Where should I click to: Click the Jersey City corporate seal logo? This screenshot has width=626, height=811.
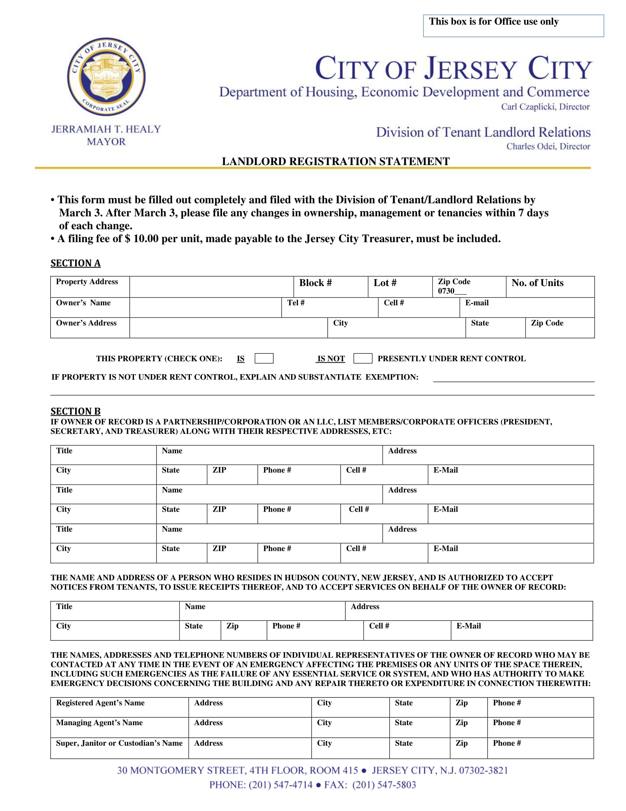pyautogui.click(x=106, y=77)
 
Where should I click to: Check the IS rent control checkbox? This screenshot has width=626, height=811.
pyautogui.click(x=264, y=358)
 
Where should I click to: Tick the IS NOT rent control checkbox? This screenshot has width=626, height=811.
pyautogui.click(x=362, y=358)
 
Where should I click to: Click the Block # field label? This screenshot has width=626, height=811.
pyautogui.click(x=315, y=283)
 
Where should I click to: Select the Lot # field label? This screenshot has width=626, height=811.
pyautogui.click(x=384, y=283)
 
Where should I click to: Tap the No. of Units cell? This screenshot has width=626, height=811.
pyautogui.click(x=550, y=286)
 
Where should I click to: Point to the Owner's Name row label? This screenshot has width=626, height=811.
pyautogui.click(x=84, y=303)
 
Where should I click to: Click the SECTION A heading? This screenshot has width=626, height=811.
pyautogui.click(x=75, y=263)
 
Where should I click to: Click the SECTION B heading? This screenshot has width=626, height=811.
pyautogui.click(x=75, y=411)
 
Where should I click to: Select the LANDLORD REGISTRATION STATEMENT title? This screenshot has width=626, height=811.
pyautogui.click(x=335, y=161)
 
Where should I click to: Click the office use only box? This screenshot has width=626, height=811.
pyautogui.click(x=513, y=26)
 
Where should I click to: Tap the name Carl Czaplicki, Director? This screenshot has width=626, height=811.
pyautogui.click(x=545, y=107)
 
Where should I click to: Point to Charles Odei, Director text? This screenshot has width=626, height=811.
pyautogui.click(x=548, y=146)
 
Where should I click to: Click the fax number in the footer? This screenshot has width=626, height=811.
pyautogui.click(x=384, y=784)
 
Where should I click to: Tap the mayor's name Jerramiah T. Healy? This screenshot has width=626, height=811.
pyautogui.click(x=106, y=129)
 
